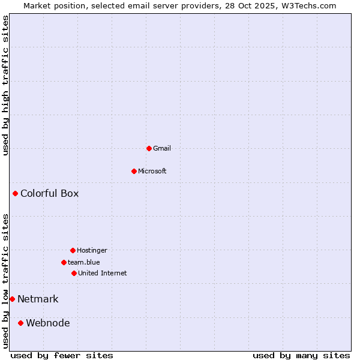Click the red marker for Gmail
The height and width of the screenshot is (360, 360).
149,148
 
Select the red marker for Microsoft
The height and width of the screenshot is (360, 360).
134,171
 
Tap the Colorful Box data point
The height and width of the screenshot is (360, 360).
15,193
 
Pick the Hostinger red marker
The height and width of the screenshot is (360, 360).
73,250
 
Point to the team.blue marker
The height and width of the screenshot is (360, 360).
64,262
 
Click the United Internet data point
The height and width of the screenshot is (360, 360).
74,273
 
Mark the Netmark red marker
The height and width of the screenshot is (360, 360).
12,299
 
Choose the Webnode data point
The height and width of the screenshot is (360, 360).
20,323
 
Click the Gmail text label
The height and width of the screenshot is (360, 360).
162,148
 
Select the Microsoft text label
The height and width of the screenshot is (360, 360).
152,171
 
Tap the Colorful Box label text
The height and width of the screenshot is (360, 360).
49,193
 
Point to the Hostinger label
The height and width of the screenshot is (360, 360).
92,250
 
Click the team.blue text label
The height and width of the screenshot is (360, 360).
84,262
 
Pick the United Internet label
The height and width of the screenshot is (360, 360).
103,273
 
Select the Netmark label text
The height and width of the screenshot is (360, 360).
38,299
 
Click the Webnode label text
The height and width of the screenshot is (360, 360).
48,323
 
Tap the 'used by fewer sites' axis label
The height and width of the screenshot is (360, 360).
62,355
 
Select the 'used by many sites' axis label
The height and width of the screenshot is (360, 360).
301,355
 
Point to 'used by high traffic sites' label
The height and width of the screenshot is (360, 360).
5,85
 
